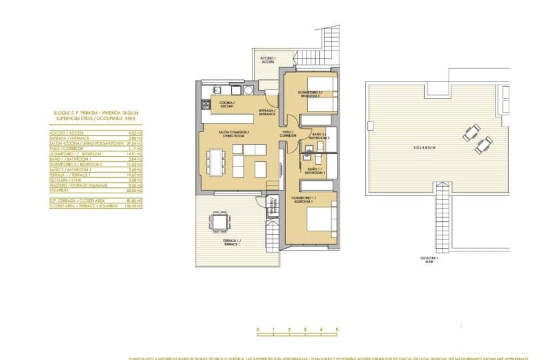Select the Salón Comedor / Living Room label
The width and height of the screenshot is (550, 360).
coord(233,135)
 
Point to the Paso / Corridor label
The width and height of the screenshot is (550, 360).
coord(288,134)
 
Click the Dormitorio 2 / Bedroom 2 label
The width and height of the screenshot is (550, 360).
coord(310,94)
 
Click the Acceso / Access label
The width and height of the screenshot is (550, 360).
coord(267,61)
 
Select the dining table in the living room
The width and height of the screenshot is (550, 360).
coord(215,162)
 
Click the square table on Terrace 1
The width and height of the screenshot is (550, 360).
coord(219,221)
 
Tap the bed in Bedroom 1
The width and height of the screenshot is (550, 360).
coord(319,219)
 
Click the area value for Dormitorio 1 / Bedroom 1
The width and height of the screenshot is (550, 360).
coord(136,154)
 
